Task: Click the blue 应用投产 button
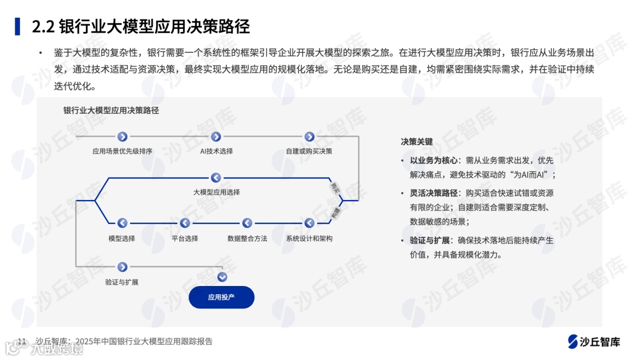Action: pyautogui.click(x=221, y=297)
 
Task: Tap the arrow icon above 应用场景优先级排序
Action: pyautogui.click(x=122, y=137)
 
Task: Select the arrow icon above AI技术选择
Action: pyautogui.click(x=216, y=137)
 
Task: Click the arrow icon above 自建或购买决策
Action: pyautogui.click(x=309, y=137)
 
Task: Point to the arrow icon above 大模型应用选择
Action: pyautogui.click(x=216, y=178)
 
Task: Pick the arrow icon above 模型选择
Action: pyautogui.click(x=122, y=223)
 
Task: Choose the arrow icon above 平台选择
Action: pyautogui.click(x=185, y=223)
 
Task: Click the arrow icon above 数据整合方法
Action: pyautogui.click(x=247, y=223)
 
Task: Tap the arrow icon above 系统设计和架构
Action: pyautogui.click(x=309, y=223)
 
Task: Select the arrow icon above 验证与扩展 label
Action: pyautogui.click(x=122, y=267)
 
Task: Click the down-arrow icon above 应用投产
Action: pyautogui.click(x=222, y=277)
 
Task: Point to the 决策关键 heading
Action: pyautogui.click(x=417, y=142)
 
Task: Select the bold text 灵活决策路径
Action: pyautogui.click(x=433, y=193)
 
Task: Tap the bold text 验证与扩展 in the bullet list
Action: pyautogui.click(x=429, y=241)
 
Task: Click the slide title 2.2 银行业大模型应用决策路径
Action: pyautogui.click(x=140, y=26)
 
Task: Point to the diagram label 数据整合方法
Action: pyautogui.click(x=247, y=239)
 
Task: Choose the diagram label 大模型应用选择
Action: pyautogui.click(x=216, y=192)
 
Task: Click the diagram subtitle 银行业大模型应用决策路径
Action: pyautogui.click(x=111, y=110)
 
